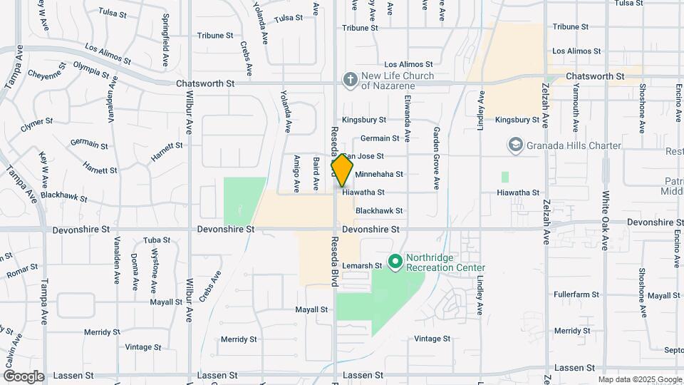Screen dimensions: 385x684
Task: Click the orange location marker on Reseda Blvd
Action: pos(343,170)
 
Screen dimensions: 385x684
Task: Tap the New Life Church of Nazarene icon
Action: pos(350,79)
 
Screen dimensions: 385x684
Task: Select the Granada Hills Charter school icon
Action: pos(515,145)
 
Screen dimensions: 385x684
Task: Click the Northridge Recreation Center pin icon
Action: pos(395,262)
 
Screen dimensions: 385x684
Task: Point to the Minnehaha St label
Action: pos(379,174)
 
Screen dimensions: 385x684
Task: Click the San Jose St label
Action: pos(363,156)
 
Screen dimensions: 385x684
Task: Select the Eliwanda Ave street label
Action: pos(408,117)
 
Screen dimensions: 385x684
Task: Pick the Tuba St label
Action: pos(154,240)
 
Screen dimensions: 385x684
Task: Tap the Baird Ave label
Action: pos(316,173)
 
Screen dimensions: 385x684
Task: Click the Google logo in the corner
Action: pos(24,376)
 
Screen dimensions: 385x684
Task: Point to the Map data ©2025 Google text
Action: pos(640,379)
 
